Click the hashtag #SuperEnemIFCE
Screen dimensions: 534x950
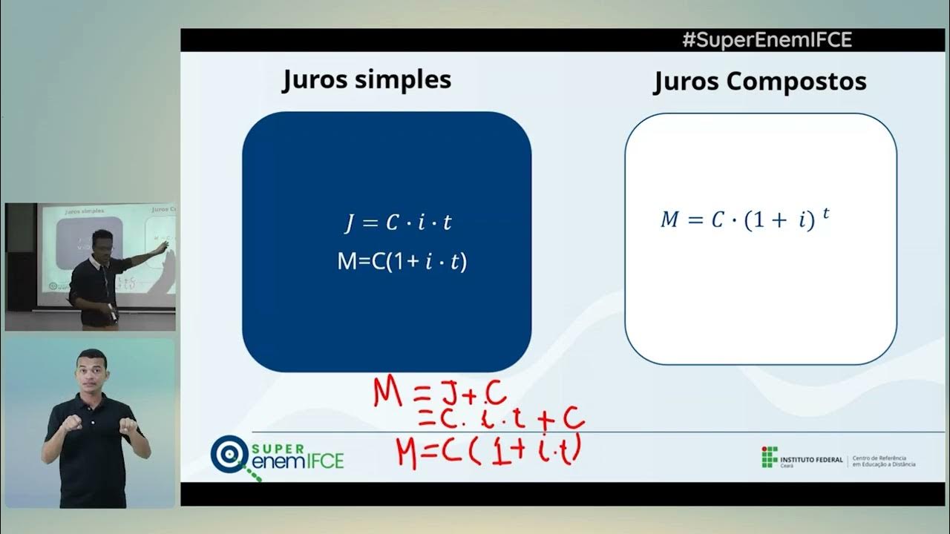click(767, 40)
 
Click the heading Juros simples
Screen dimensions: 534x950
click(367, 79)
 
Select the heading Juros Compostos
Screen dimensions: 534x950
click(759, 82)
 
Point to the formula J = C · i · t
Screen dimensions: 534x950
click(397, 222)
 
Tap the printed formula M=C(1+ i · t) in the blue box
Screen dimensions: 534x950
click(402, 261)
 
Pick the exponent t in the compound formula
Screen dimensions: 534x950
click(825, 213)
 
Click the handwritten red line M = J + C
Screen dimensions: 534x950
click(439, 392)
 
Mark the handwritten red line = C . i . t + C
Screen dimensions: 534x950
click(501, 420)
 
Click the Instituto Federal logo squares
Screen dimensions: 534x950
click(770, 458)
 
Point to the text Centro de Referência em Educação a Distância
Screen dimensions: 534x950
click(884, 461)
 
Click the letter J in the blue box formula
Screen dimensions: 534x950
click(350, 223)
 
